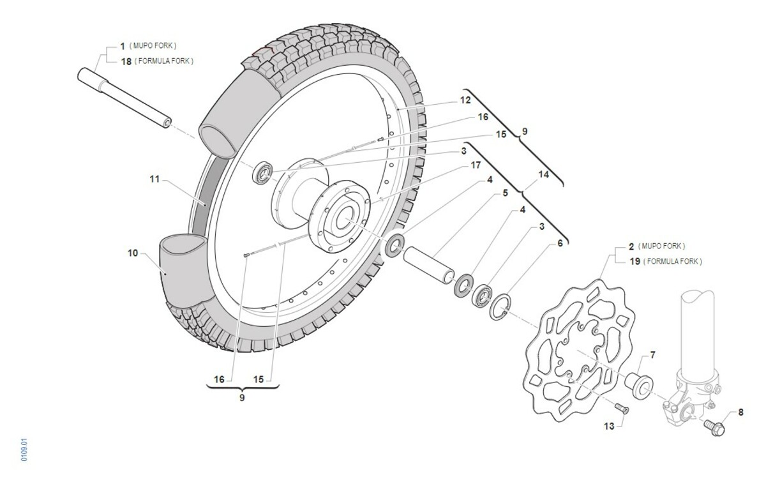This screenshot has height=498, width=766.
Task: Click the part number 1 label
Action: pyautogui.click(x=123, y=47)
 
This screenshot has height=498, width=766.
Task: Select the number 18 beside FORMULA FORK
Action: pyautogui.click(x=125, y=61)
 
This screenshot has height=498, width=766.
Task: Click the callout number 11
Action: pyautogui.click(x=154, y=179)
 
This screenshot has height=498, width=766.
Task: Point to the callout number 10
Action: pyautogui.click(x=133, y=253)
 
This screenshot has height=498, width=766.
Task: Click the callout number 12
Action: pyautogui.click(x=465, y=100)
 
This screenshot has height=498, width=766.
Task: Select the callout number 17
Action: pyautogui.click(x=476, y=165)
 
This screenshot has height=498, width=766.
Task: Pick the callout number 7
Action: pyautogui.click(x=652, y=354)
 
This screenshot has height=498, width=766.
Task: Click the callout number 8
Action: pyautogui.click(x=740, y=412)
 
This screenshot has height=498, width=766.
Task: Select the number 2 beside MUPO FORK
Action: pyautogui.click(x=631, y=246)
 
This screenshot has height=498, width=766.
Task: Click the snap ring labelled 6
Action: pyautogui.click(x=502, y=307)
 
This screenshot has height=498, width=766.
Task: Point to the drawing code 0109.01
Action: pyautogui.click(x=24, y=449)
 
